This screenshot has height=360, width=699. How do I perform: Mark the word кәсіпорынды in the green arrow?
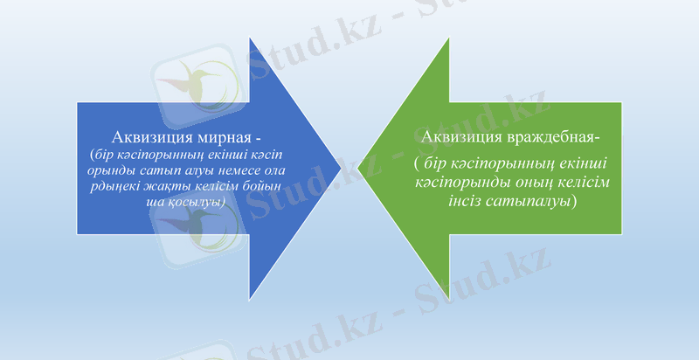point(463,183)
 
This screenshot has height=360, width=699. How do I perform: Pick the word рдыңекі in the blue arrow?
point(118,186)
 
